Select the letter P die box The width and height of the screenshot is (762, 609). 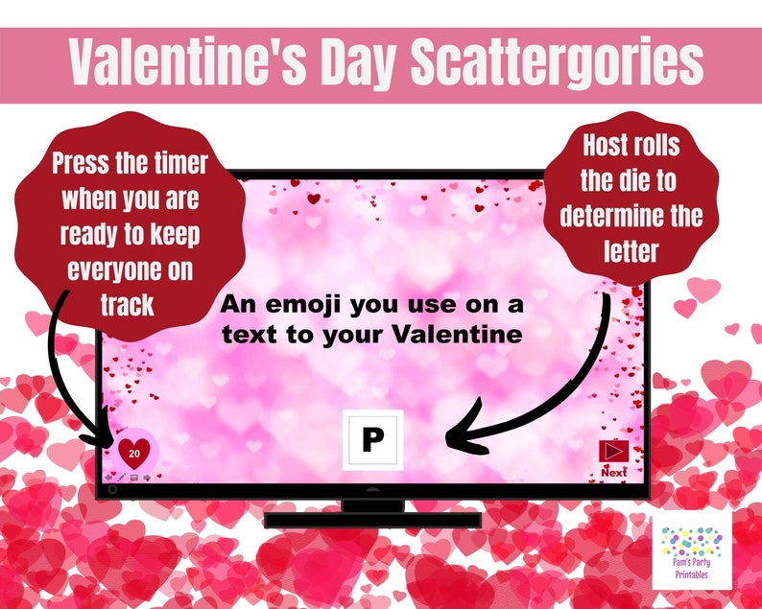tap(372, 440)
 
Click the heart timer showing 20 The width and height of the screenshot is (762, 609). tap(135, 449)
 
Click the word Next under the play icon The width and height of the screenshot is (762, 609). tap(613, 472)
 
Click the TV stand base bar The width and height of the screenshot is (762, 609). tap(372, 519)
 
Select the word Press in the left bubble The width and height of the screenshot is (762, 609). tap(85, 164)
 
